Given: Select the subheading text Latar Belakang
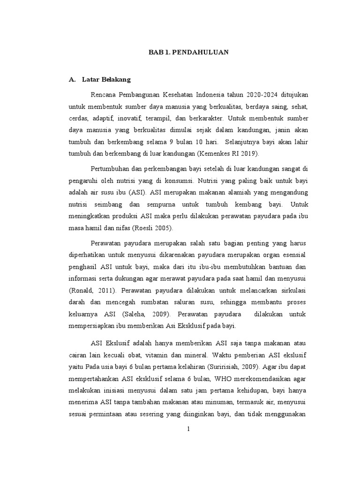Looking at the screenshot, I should (x=106, y=80).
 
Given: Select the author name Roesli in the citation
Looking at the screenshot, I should (x=142, y=228).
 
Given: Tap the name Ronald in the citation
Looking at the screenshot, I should (x=79, y=291).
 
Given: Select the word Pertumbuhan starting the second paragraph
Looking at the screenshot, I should (x=109, y=168).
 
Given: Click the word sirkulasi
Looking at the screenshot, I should (x=294, y=291).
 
